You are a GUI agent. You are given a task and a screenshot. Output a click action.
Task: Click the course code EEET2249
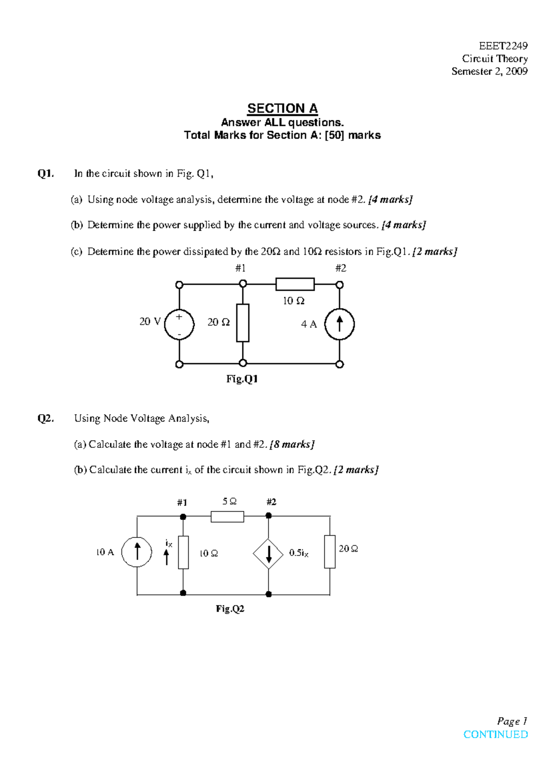tap(503, 46)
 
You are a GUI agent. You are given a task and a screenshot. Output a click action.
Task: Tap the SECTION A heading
tap(282, 108)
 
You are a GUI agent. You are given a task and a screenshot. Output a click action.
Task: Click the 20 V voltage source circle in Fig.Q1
tap(179, 324)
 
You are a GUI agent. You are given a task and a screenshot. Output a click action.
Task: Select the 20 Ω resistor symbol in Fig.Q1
tap(243, 322)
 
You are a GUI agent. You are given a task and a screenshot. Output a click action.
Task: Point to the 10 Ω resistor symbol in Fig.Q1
tap(295, 284)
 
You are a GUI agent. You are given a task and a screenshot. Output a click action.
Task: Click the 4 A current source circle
tap(339, 324)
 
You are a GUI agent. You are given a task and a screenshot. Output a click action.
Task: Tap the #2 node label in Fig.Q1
tap(340, 268)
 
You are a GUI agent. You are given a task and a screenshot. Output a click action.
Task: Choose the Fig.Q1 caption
tap(242, 379)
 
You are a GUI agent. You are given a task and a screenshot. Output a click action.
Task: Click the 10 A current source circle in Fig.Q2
tap(137, 552)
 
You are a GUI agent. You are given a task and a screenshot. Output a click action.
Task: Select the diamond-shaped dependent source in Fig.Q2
tap(269, 554)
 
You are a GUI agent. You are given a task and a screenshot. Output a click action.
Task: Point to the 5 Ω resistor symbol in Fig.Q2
tap(227, 517)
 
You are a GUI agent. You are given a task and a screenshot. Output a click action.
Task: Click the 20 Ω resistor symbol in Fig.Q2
tap(330, 552)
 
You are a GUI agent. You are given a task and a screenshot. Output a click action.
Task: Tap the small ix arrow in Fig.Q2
tap(167, 557)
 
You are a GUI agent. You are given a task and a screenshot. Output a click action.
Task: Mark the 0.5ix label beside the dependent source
tap(299, 553)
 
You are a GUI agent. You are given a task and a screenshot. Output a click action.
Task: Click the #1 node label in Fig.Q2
tap(182, 503)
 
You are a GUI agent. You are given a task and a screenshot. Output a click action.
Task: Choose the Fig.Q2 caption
tap(230, 609)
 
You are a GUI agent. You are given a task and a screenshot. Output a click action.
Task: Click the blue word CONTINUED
tap(495, 735)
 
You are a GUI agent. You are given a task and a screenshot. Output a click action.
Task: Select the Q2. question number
tap(45, 418)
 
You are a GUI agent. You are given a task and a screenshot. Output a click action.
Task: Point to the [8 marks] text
tap(292, 444)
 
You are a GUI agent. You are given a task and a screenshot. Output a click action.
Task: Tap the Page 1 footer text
tap(512, 721)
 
